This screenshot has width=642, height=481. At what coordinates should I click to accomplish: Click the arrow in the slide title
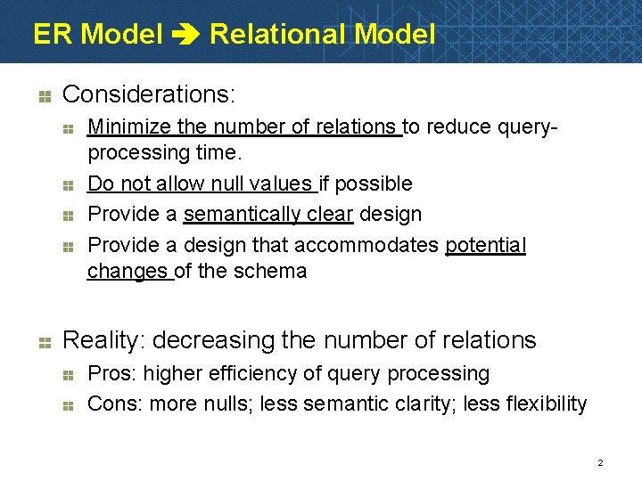[x=185, y=36]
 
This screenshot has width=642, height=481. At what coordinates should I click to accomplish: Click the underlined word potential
[x=486, y=245]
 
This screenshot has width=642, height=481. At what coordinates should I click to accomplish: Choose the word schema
[x=274, y=271]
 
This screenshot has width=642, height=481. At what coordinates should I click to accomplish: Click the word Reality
[x=105, y=340]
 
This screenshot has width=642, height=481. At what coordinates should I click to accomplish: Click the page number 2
[x=600, y=462]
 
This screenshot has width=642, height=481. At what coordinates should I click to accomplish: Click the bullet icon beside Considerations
[x=46, y=94]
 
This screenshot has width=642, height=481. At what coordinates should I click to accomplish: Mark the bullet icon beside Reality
[x=46, y=340]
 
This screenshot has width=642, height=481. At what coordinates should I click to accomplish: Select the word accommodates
[x=368, y=245]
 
